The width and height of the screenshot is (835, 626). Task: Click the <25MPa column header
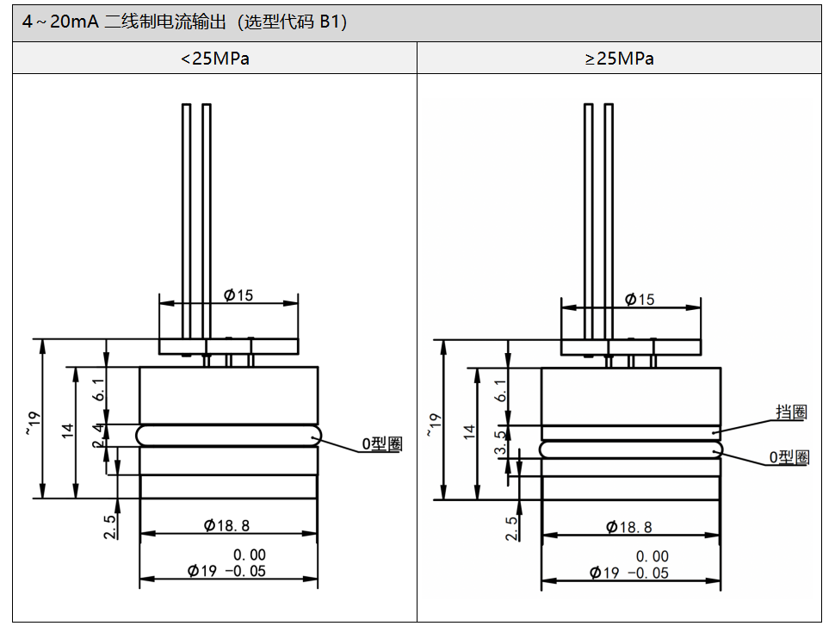(215, 59)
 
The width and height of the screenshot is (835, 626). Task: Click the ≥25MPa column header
(619, 59)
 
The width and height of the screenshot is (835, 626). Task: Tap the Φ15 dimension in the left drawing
(238, 294)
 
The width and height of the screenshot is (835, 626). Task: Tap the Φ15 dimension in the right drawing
(639, 299)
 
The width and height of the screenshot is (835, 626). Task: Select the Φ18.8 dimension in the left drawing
(226, 525)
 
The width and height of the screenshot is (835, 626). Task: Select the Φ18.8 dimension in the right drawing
(628, 527)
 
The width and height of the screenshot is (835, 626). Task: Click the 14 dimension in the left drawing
(69, 431)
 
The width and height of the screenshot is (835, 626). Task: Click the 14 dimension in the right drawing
(470, 431)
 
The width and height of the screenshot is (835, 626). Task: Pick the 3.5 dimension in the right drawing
(502, 442)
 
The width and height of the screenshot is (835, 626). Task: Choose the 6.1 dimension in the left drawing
(99, 390)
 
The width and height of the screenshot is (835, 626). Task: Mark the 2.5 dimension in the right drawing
(513, 528)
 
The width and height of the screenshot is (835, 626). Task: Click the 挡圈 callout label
(791, 412)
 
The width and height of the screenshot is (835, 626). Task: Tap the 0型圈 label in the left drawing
(381, 444)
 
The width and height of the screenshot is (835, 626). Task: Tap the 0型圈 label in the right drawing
(789, 457)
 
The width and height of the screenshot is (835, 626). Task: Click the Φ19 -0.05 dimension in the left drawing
(227, 570)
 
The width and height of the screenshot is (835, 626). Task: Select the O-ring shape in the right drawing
(631, 448)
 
